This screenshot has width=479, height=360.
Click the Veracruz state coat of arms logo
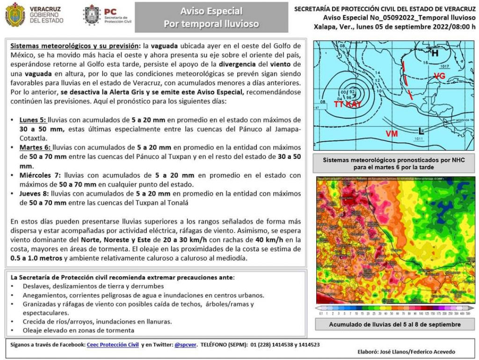15,14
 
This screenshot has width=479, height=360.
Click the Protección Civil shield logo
92,15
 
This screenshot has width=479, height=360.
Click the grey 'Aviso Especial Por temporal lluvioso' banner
211,17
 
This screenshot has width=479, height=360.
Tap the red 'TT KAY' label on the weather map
348,104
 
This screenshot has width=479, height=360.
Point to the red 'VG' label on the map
439,76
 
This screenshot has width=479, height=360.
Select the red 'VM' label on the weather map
392,134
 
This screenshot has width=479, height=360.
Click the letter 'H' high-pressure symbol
435,53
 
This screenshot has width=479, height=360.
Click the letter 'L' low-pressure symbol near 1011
421,131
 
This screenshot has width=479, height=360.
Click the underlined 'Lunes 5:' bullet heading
33,120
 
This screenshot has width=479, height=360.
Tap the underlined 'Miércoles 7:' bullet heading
40,175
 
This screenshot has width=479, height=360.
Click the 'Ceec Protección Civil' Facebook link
113,345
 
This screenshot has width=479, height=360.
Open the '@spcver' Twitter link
185,345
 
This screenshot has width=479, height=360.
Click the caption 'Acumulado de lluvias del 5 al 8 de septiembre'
394,324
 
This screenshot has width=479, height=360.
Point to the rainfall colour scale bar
394,308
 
